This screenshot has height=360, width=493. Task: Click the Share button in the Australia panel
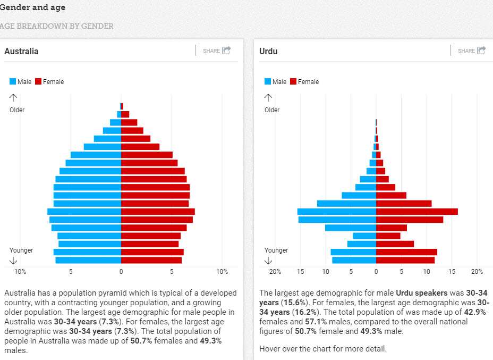(x=217, y=51)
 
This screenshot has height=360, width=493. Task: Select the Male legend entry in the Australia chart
(x=21, y=81)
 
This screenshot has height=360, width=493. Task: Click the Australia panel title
(x=21, y=52)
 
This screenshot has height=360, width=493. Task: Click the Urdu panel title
(x=268, y=52)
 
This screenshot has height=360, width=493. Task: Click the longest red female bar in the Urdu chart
(x=416, y=212)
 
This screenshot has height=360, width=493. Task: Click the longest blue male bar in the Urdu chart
(x=337, y=212)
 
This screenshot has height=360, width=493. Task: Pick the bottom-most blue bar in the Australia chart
(x=88, y=260)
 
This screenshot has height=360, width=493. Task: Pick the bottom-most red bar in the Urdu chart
(x=405, y=260)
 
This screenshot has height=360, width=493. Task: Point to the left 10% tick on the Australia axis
(x=20, y=272)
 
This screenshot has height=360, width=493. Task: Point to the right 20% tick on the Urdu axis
(x=477, y=272)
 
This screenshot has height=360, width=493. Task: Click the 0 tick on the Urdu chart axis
(x=376, y=272)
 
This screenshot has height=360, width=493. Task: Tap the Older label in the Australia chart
(x=17, y=110)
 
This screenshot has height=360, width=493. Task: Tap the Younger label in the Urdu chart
(x=276, y=250)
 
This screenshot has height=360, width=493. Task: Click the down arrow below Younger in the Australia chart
(x=14, y=261)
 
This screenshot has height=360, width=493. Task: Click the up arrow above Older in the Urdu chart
(x=269, y=98)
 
